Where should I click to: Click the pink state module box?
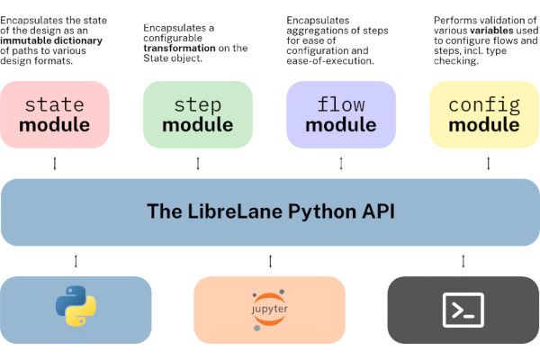[55, 114]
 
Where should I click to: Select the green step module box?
[198, 114]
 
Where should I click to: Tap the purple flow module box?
[340, 114]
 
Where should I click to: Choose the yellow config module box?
[484, 114]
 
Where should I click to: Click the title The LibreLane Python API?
[270, 212]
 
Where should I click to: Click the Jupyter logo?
[269, 309]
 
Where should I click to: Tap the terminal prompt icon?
[463, 310]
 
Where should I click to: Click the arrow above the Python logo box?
[76, 261]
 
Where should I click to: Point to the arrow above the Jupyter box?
[270, 261]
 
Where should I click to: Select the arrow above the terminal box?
[463, 261]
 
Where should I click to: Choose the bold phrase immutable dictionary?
[54, 40]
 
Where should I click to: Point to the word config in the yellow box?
[484, 103]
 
